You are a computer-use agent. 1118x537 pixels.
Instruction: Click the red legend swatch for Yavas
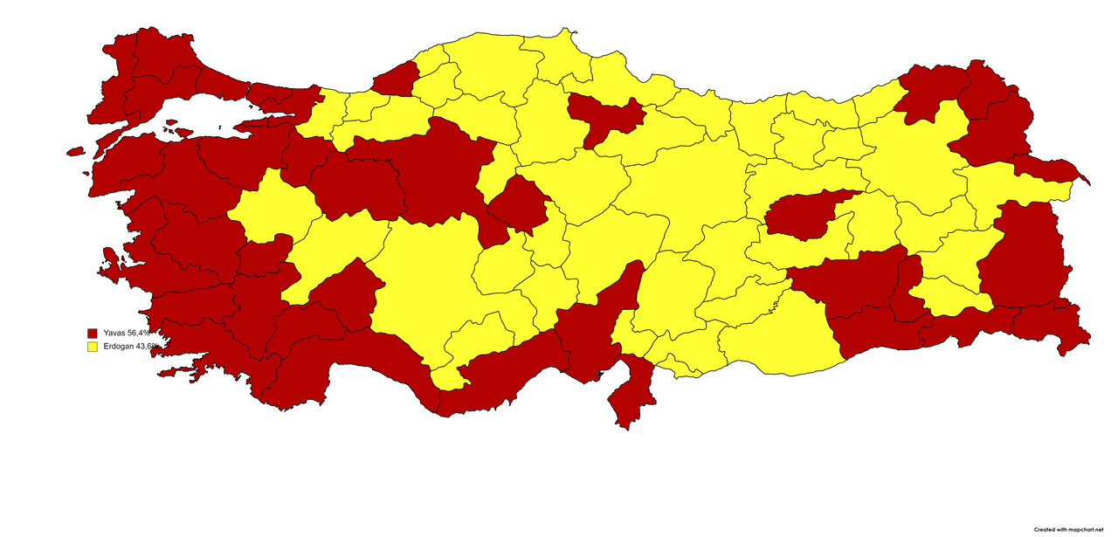click(x=92, y=334)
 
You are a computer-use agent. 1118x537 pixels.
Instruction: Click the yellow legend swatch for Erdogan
click(x=92, y=347)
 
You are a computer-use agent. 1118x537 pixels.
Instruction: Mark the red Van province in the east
click(x=1022, y=253)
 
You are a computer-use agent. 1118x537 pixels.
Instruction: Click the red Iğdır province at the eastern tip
click(x=1048, y=168)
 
